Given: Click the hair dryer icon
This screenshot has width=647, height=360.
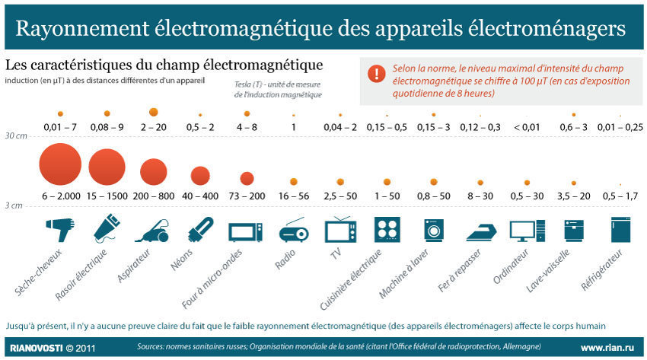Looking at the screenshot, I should click(x=60, y=229).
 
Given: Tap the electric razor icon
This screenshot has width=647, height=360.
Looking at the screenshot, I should click(x=107, y=228).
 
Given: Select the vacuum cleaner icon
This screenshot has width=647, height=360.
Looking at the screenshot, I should click(x=153, y=229).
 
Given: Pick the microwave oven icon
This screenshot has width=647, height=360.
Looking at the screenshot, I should click(x=246, y=231).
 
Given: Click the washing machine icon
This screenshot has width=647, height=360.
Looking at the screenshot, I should click(x=434, y=231).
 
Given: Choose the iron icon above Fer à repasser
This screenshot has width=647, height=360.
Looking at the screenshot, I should click(x=480, y=231).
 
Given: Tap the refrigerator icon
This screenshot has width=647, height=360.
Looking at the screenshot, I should click(x=621, y=230).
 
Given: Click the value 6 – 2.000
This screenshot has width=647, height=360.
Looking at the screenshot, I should click(x=61, y=196).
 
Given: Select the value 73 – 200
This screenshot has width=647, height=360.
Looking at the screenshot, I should click(x=246, y=196).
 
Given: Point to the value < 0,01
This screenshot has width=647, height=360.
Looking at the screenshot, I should click(x=527, y=126).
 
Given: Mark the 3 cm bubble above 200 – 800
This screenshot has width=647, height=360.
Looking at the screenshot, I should click(x=153, y=170).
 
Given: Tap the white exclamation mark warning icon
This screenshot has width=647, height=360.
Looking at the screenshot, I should click(x=376, y=73).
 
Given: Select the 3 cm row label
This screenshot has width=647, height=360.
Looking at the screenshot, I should click(x=13, y=205).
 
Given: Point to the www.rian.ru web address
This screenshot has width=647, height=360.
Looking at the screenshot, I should click(x=607, y=348).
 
